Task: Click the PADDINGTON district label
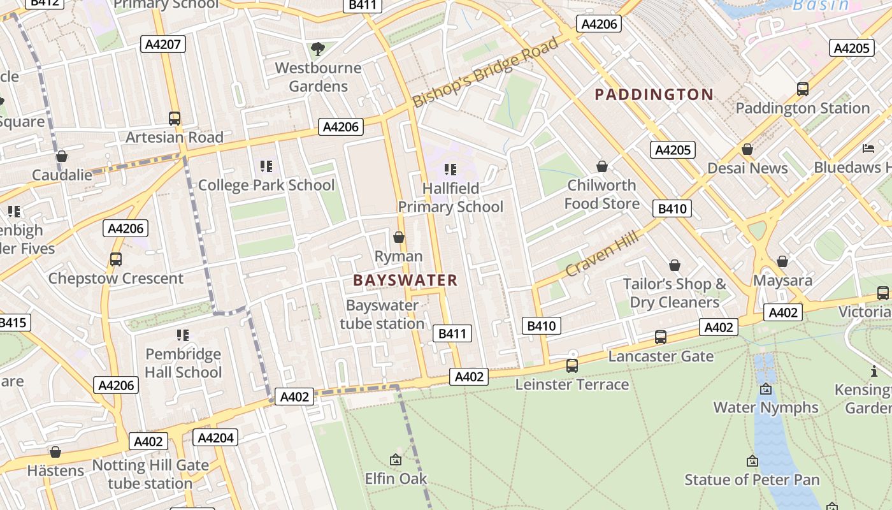[x=654, y=95]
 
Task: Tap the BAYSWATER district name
[x=405, y=280]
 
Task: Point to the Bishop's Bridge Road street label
[x=486, y=72]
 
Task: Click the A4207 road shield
[x=163, y=44]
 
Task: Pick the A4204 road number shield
[x=215, y=438]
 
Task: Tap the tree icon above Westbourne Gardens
[x=317, y=48]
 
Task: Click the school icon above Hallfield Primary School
[x=450, y=170]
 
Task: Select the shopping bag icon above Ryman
[x=399, y=237]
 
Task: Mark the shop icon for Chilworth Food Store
[x=601, y=166]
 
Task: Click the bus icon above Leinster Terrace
[x=572, y=365]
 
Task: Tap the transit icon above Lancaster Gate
[x=661, y=337]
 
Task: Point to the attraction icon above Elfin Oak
[x=396, y=459]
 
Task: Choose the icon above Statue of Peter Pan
[x=752, y=460]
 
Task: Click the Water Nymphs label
[x=765, y=407]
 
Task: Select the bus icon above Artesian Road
[x=174, y=118]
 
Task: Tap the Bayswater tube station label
[x=382, y=314]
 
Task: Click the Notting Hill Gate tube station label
[x=150, y=474]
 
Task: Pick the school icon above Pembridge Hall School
[x=183, y=335]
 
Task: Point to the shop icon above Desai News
[x=747, y=149]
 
